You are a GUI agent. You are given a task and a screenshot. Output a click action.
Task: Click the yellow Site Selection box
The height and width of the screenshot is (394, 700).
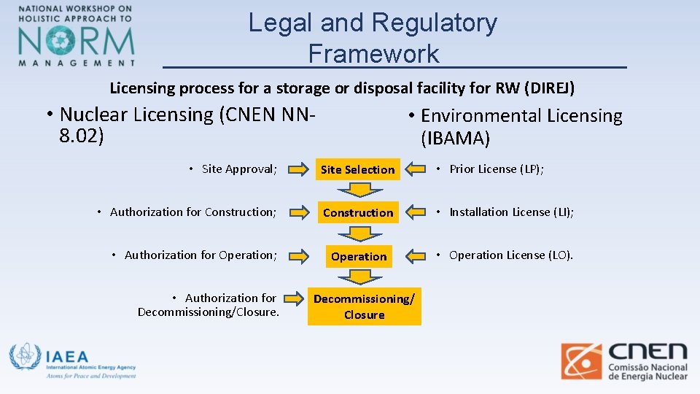(x=357, y=169)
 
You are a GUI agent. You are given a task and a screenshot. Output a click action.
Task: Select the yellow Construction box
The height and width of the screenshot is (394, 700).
(x=358, y=212)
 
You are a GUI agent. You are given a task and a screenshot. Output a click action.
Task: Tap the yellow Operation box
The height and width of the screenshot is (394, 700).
(x=359, y=256)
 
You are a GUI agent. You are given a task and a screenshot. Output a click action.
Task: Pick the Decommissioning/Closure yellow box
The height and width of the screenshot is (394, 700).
(x=364, y=306)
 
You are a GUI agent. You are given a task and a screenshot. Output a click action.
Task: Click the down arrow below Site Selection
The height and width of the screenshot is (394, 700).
(x=358, y=190)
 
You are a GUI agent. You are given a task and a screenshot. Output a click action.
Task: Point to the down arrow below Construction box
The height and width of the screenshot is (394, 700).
(x=358, y=233)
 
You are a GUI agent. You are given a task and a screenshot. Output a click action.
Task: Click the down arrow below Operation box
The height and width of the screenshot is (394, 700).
(x=358, y=277)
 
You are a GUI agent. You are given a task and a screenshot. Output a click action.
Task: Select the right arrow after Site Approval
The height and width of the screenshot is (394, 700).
(x=298, y=170)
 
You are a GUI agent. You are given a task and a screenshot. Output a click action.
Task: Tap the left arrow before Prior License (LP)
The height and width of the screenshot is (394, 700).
(x=416, y=169)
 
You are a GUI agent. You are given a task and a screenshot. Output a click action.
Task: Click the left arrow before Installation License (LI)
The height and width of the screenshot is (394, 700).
(x=416, y=212)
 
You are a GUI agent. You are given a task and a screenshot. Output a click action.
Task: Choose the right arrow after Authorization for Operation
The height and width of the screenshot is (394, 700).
(x=298, y=256)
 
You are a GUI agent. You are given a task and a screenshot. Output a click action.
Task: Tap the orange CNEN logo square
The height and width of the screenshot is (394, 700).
(x=581, y=361)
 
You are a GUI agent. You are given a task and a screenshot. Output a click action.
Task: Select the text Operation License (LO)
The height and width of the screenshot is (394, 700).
(x=511, y=255)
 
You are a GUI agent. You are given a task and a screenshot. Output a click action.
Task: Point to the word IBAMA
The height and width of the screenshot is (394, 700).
(x=455, y=138)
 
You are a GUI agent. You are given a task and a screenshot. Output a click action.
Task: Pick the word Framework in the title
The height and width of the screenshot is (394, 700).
(x=373, y=53)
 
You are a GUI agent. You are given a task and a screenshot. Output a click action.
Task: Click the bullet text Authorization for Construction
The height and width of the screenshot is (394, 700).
(x=192, y=212)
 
